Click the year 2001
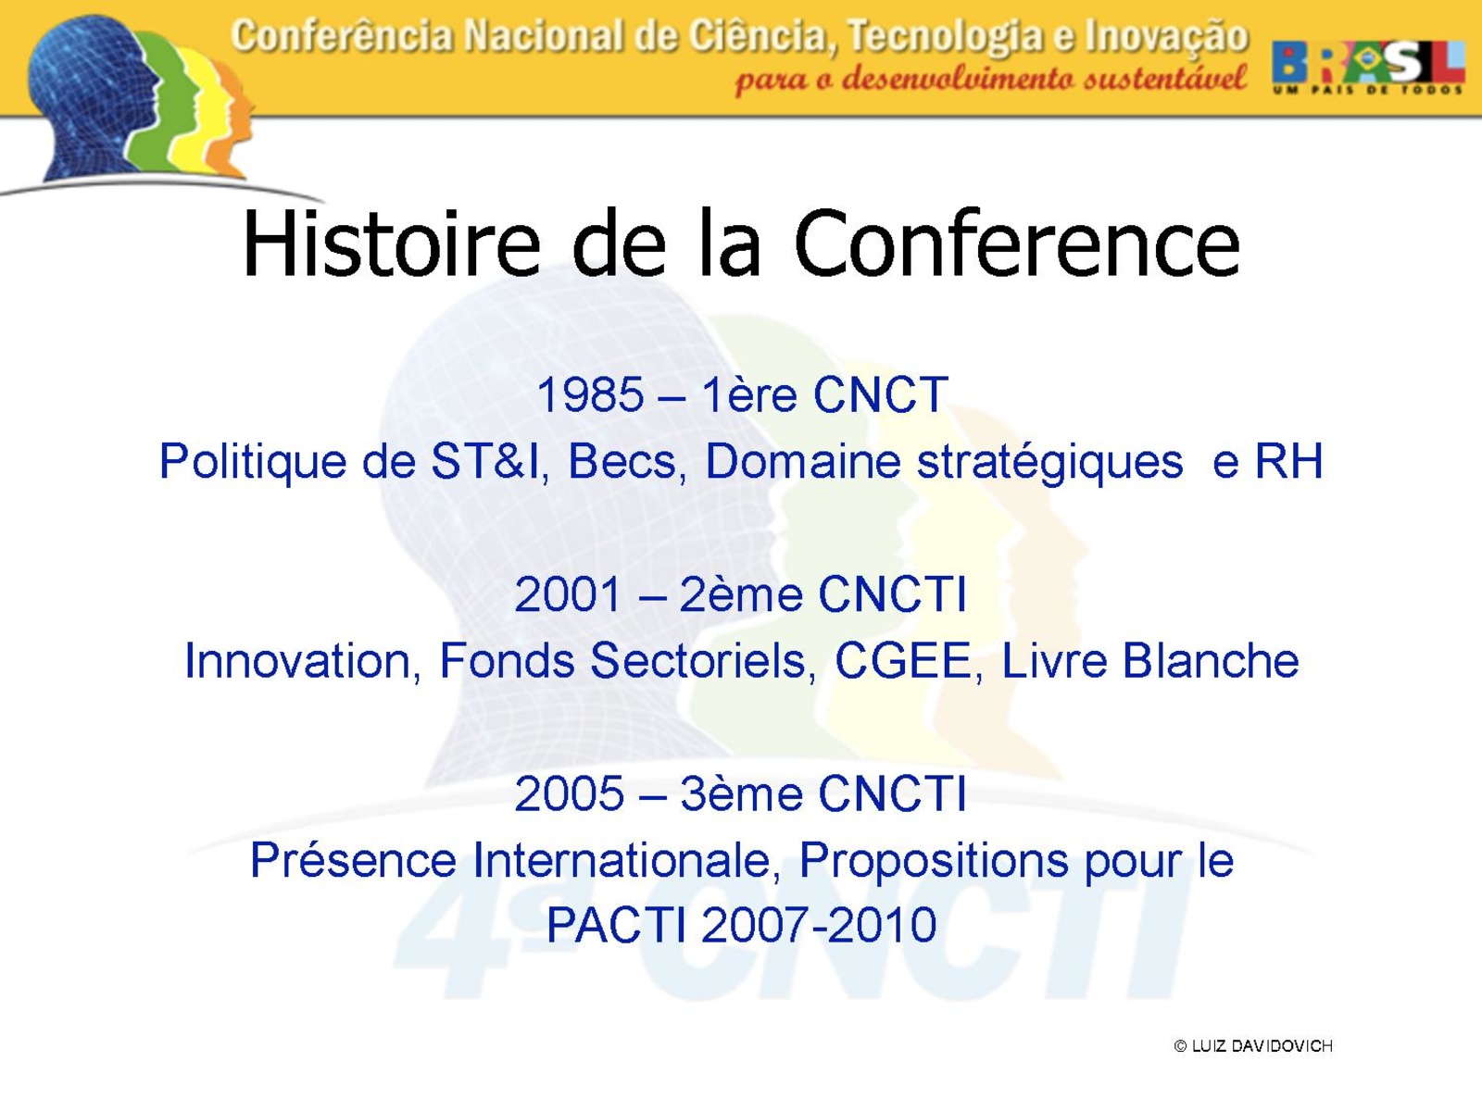tap(567, 594)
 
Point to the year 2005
tap(569, 793)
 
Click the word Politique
tap(253, 463)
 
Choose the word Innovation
tap(297, 660)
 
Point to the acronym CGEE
tap(903, 660)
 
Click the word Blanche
tap(1211, 660)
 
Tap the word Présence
tap(354, 859)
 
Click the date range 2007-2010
tap(819, 925)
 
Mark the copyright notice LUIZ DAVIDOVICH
tap(1253, 1045)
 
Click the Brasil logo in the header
tap(1368, 66)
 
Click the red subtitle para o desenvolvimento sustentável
tap(991, 79)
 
